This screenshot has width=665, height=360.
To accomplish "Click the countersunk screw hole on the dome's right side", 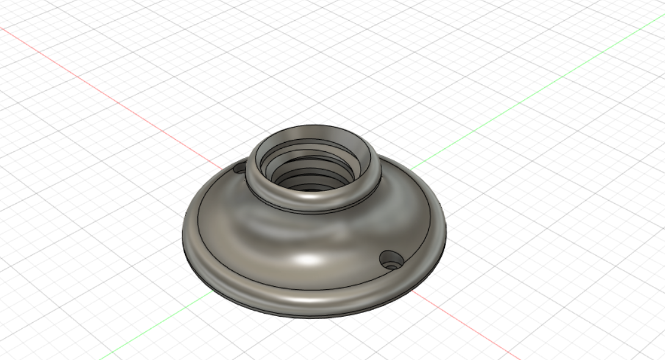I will click(391, 260).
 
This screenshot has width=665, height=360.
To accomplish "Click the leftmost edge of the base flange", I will click(183, 235).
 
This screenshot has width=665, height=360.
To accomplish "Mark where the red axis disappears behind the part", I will click(223, 166).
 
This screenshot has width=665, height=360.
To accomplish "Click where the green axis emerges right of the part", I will click(410, 170).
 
